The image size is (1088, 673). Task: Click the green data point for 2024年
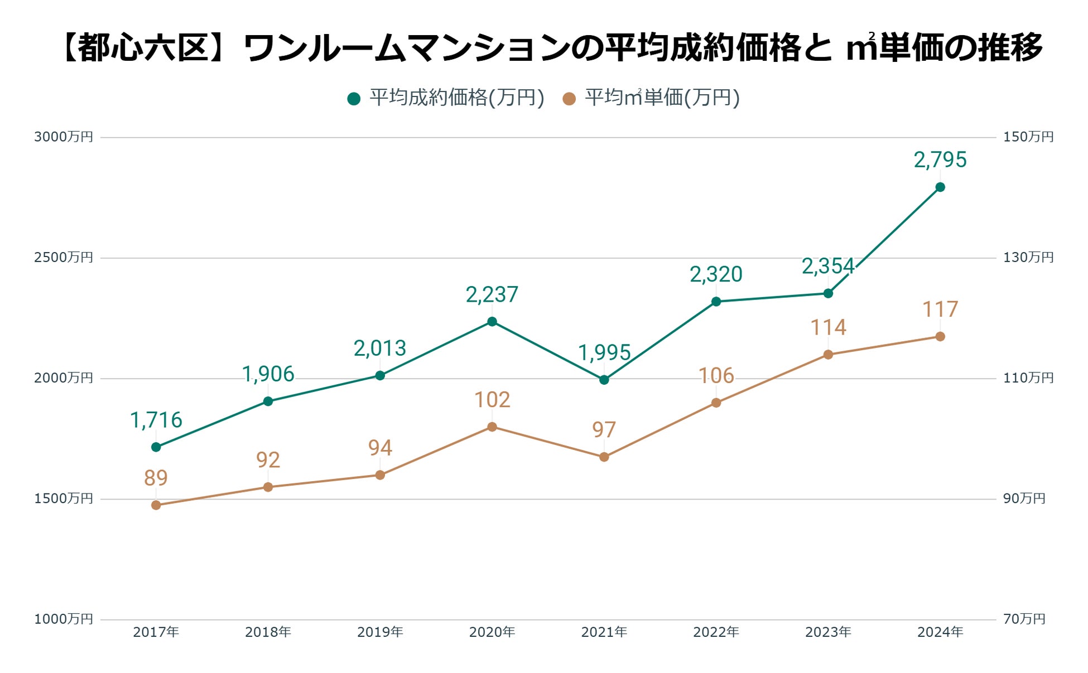[x=940, y=187]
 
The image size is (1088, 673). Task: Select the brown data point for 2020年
[x=492, y=427]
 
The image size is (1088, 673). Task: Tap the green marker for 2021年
[x=604, y=380]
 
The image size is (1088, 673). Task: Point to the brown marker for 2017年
[x=156, y=505]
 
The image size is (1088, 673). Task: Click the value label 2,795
[x=940, y=160]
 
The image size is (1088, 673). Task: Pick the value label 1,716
[x=156, y=420]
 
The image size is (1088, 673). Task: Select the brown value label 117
[x=940, y=309]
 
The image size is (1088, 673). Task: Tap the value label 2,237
[x=492, y=294]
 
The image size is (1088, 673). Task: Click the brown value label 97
[x=604, y=430]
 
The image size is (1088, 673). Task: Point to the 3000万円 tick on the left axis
[x=64, y=137]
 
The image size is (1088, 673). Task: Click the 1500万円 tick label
[x=64, y=498]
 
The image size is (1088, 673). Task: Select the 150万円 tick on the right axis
[x=1028, y=137]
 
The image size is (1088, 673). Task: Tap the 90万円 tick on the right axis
[x=1024, y=498]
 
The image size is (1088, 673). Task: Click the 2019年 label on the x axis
[x=380, y=632]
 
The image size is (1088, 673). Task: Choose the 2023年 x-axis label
[x=828, y=632]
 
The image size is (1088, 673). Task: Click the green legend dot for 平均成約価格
[x=354, y=99]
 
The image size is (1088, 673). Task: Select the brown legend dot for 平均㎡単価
[x=569, y=99]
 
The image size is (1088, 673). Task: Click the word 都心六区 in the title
[x=145, y=48]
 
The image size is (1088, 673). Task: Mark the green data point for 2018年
[x=268, y=401]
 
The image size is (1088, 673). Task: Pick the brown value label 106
[x=716, y=376]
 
